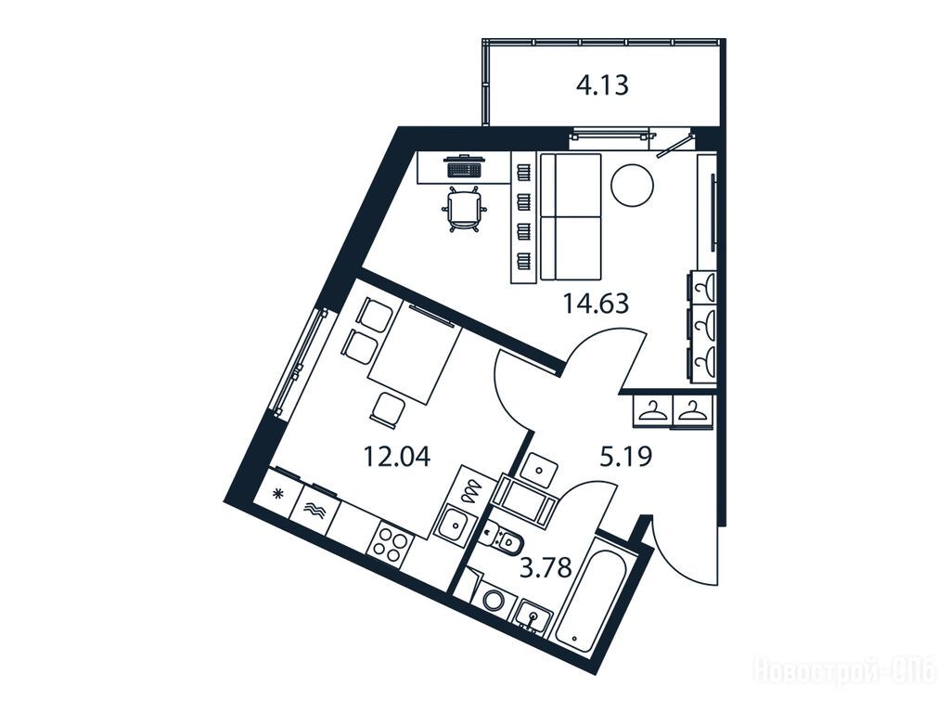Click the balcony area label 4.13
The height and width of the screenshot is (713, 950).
pos(602,85)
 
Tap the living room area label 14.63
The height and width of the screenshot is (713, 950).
pos(597,303)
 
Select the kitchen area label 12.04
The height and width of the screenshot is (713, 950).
pos(397,456)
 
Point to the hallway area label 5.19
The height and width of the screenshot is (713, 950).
pos(626,456)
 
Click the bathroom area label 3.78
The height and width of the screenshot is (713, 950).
pos(547,569)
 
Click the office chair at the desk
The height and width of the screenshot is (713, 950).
pos(464,209)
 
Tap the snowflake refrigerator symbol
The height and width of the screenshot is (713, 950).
pos(278,494)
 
